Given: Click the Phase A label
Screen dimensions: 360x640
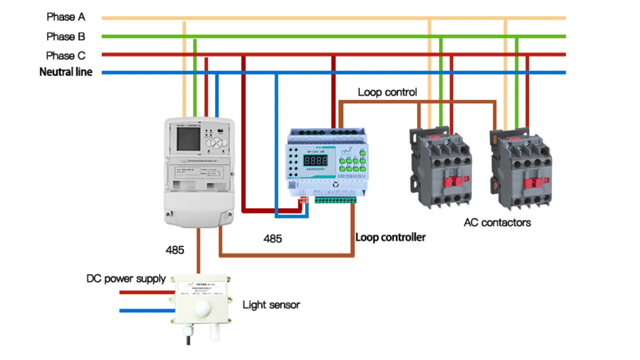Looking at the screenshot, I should (65, 17).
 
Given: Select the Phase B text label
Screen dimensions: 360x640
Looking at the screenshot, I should (65, 36).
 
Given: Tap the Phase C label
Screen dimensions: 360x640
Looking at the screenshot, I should (65, 55).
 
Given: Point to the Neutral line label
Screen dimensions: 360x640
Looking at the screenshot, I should (65, 72).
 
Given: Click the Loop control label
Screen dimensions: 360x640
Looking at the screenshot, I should (387, 92).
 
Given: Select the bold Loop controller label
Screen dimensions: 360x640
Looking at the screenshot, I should (390, 237).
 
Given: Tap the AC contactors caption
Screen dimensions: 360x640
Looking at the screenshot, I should (497, 222).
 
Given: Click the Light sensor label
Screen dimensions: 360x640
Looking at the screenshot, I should (271, 304).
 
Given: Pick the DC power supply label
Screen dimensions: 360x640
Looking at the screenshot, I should (125, 278).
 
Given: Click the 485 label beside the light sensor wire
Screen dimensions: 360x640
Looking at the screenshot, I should (174, 250).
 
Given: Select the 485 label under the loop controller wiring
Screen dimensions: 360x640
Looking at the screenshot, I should (272, 239).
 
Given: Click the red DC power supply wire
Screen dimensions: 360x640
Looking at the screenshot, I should (145, 292).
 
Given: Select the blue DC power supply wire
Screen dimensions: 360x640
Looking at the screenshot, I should (145, 310).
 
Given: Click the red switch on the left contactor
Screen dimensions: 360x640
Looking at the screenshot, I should (451, 182).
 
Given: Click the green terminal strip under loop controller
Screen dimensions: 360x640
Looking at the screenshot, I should (335, 200).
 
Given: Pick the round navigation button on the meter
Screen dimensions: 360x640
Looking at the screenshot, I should (215, 143).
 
